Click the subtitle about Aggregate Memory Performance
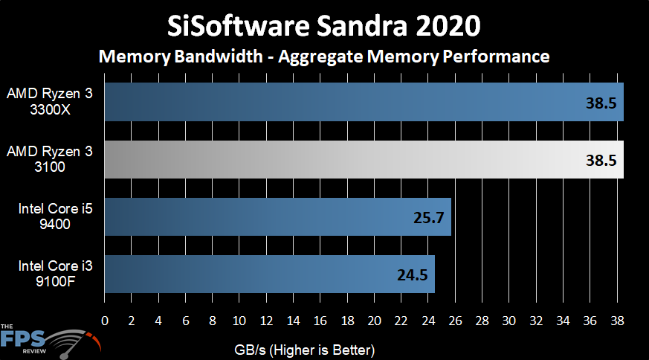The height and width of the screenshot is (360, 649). pos(324,56)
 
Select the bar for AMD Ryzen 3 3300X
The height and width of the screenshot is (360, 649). pos(364,102)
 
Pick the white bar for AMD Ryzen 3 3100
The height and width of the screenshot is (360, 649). pos(364,159)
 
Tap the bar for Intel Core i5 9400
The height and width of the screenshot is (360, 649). pos(277,217)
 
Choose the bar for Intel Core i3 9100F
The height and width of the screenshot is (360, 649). pos(269,274)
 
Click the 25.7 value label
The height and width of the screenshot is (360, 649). pos(427,218)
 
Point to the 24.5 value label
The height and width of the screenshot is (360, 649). pos(411,274)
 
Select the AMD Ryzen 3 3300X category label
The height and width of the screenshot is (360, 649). pos(50,102)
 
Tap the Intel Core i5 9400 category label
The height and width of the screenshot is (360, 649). pos(51,216)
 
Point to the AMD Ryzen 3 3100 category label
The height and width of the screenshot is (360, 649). pos(50,159)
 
